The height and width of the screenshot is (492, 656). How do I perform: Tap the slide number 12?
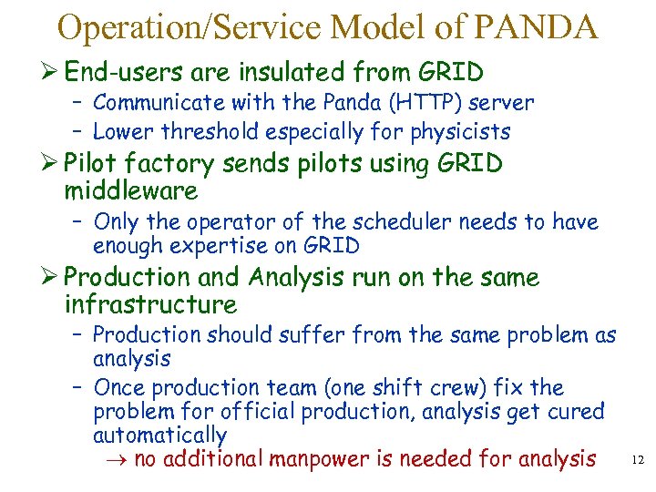[x=637, y=462]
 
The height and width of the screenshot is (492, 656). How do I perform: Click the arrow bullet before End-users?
[x=50, y=71]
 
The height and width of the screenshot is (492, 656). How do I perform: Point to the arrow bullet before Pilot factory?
[x=50, y=164]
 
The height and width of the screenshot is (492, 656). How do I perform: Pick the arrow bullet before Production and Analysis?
[x=50, y=277]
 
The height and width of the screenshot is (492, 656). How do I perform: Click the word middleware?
[x=131, y=191]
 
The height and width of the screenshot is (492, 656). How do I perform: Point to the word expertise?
[x=217, y=246]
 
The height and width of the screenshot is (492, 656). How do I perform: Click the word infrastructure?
[x=151, y=304]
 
